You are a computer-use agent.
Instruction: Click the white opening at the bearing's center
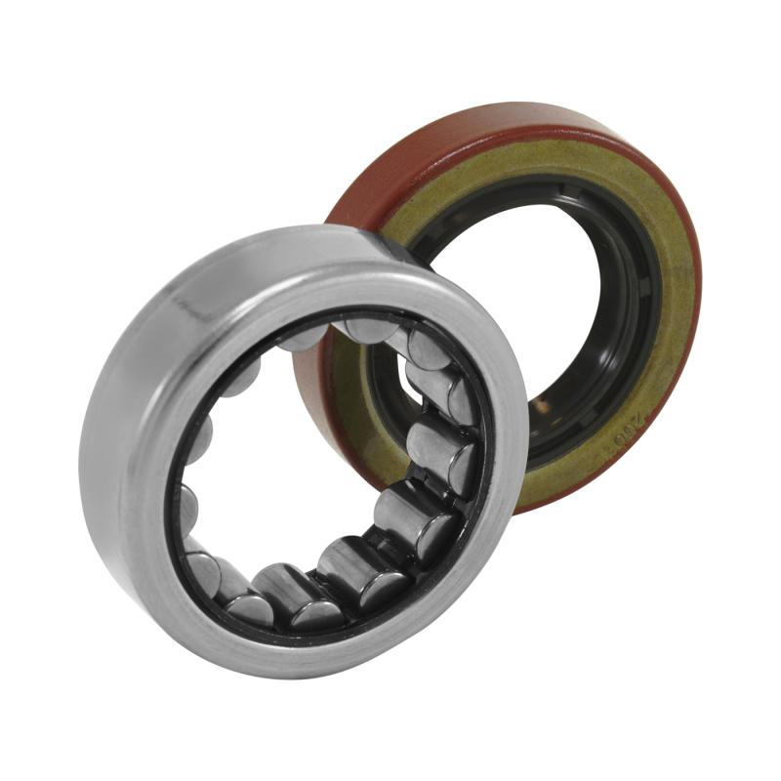point(293,459)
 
